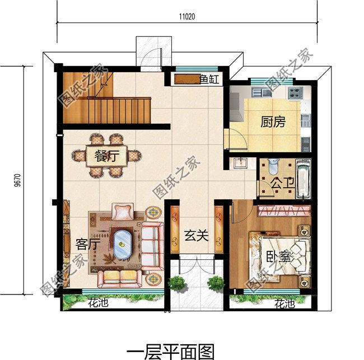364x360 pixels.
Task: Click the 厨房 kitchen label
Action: pyautogui.click(x=273, y=121)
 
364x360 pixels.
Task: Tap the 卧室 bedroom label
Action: pyautogui.click(x=278, y=258)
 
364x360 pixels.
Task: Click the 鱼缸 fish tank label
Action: pyautogui.click(x=209, y=80)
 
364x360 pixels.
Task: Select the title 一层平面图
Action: pyautogui.click(x=170, y=350)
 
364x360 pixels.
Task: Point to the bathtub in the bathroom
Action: pyautogui.click(x=302, y=179)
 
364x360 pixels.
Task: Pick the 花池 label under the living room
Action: pyautogui.click(x=98, y=305)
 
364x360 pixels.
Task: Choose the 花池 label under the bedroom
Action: pyautogui.click(x=284, y=305)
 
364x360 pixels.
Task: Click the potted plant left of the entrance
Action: pyautogui.click(x=178, y=283)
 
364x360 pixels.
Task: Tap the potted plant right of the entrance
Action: pyautogui.click(x=216, y=283)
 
